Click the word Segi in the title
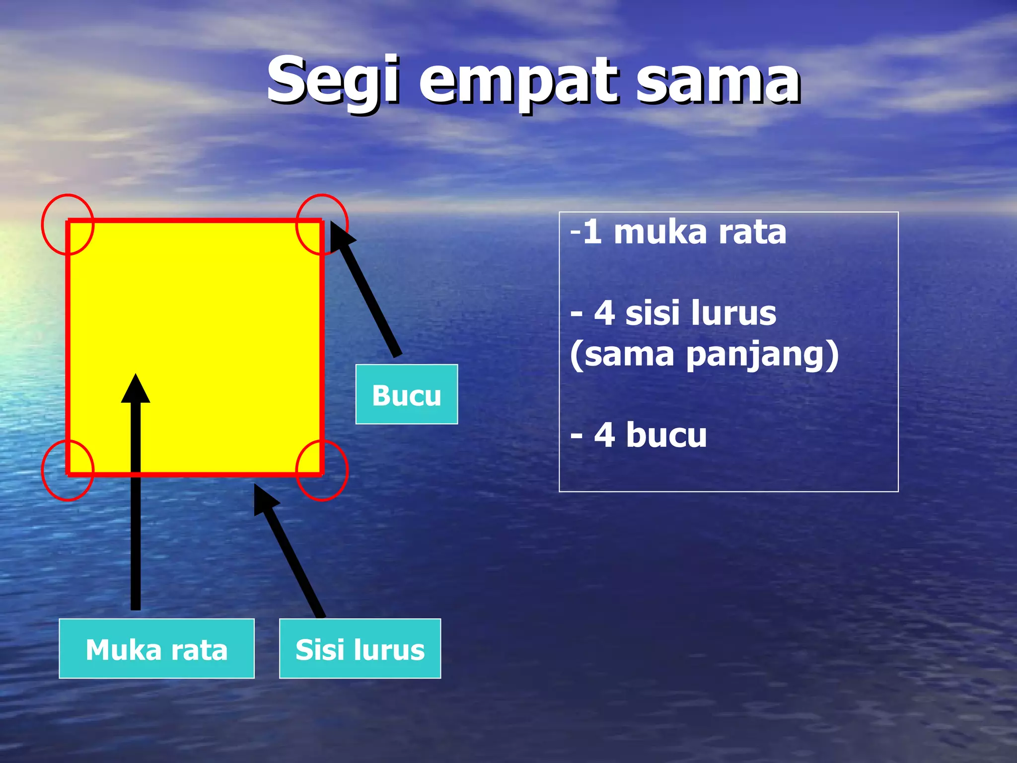coord(333,80)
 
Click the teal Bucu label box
coord(406,394)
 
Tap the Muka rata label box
coord(156,649)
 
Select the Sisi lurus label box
coord(360,649)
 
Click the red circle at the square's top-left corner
coord(68,225)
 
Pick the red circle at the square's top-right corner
coord(322,225)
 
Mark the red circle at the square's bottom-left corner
coord(68,470)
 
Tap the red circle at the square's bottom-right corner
coord(322,470)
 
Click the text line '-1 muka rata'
coord(678,232)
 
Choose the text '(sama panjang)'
coord(704,355)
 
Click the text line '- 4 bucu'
coord(639,435)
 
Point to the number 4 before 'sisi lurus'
coord(604,313)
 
